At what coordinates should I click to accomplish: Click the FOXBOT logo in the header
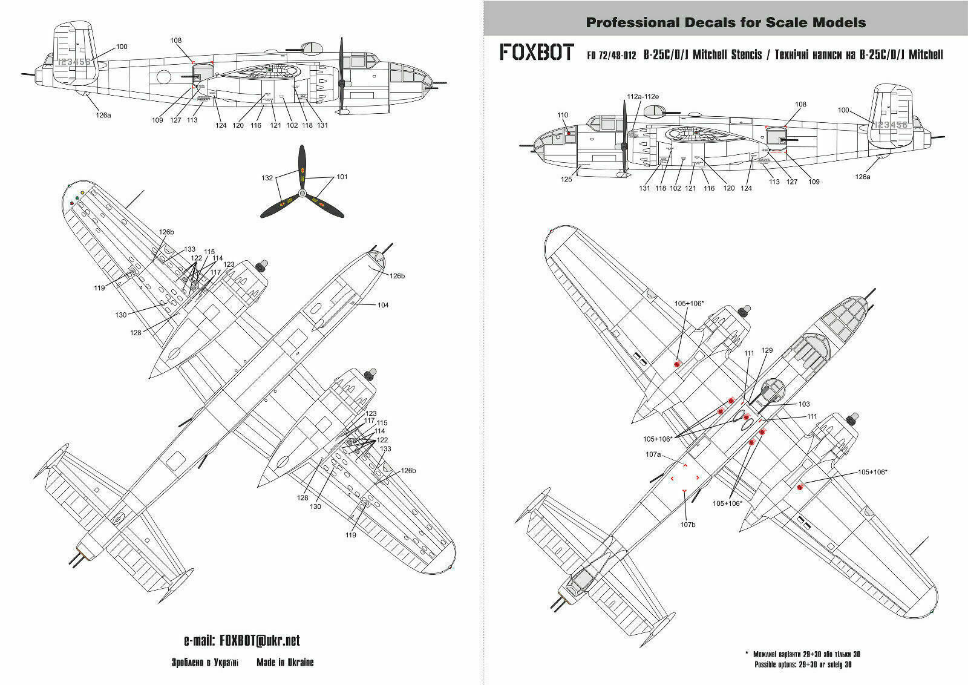click(537, 53)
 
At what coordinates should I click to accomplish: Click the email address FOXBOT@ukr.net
click(241, 641)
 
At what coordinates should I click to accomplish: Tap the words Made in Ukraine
click(285, 663)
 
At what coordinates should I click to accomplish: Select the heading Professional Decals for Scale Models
click(726, 23)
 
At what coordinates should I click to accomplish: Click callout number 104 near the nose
click(382, 305)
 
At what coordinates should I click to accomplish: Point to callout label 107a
click(653, 454)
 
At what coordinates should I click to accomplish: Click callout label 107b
click(687, 525)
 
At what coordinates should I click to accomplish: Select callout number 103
click(803, 404)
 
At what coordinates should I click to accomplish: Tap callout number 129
click(767, 350)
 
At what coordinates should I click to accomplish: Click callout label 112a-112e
click(643, 97)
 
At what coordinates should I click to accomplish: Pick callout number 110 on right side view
click(563, 115)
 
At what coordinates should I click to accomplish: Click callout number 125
click(566, 179)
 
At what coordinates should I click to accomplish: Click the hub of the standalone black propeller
click(302, 192)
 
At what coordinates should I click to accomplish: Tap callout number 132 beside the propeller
click(267, 179)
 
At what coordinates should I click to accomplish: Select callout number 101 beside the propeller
click(342, 177)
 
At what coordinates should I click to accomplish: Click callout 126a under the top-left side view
click(103, 115)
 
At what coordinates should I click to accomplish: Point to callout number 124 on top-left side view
click(221, 125)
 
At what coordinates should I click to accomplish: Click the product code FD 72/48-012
click(611, 55)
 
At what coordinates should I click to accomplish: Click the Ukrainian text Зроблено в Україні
click(205, 663)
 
